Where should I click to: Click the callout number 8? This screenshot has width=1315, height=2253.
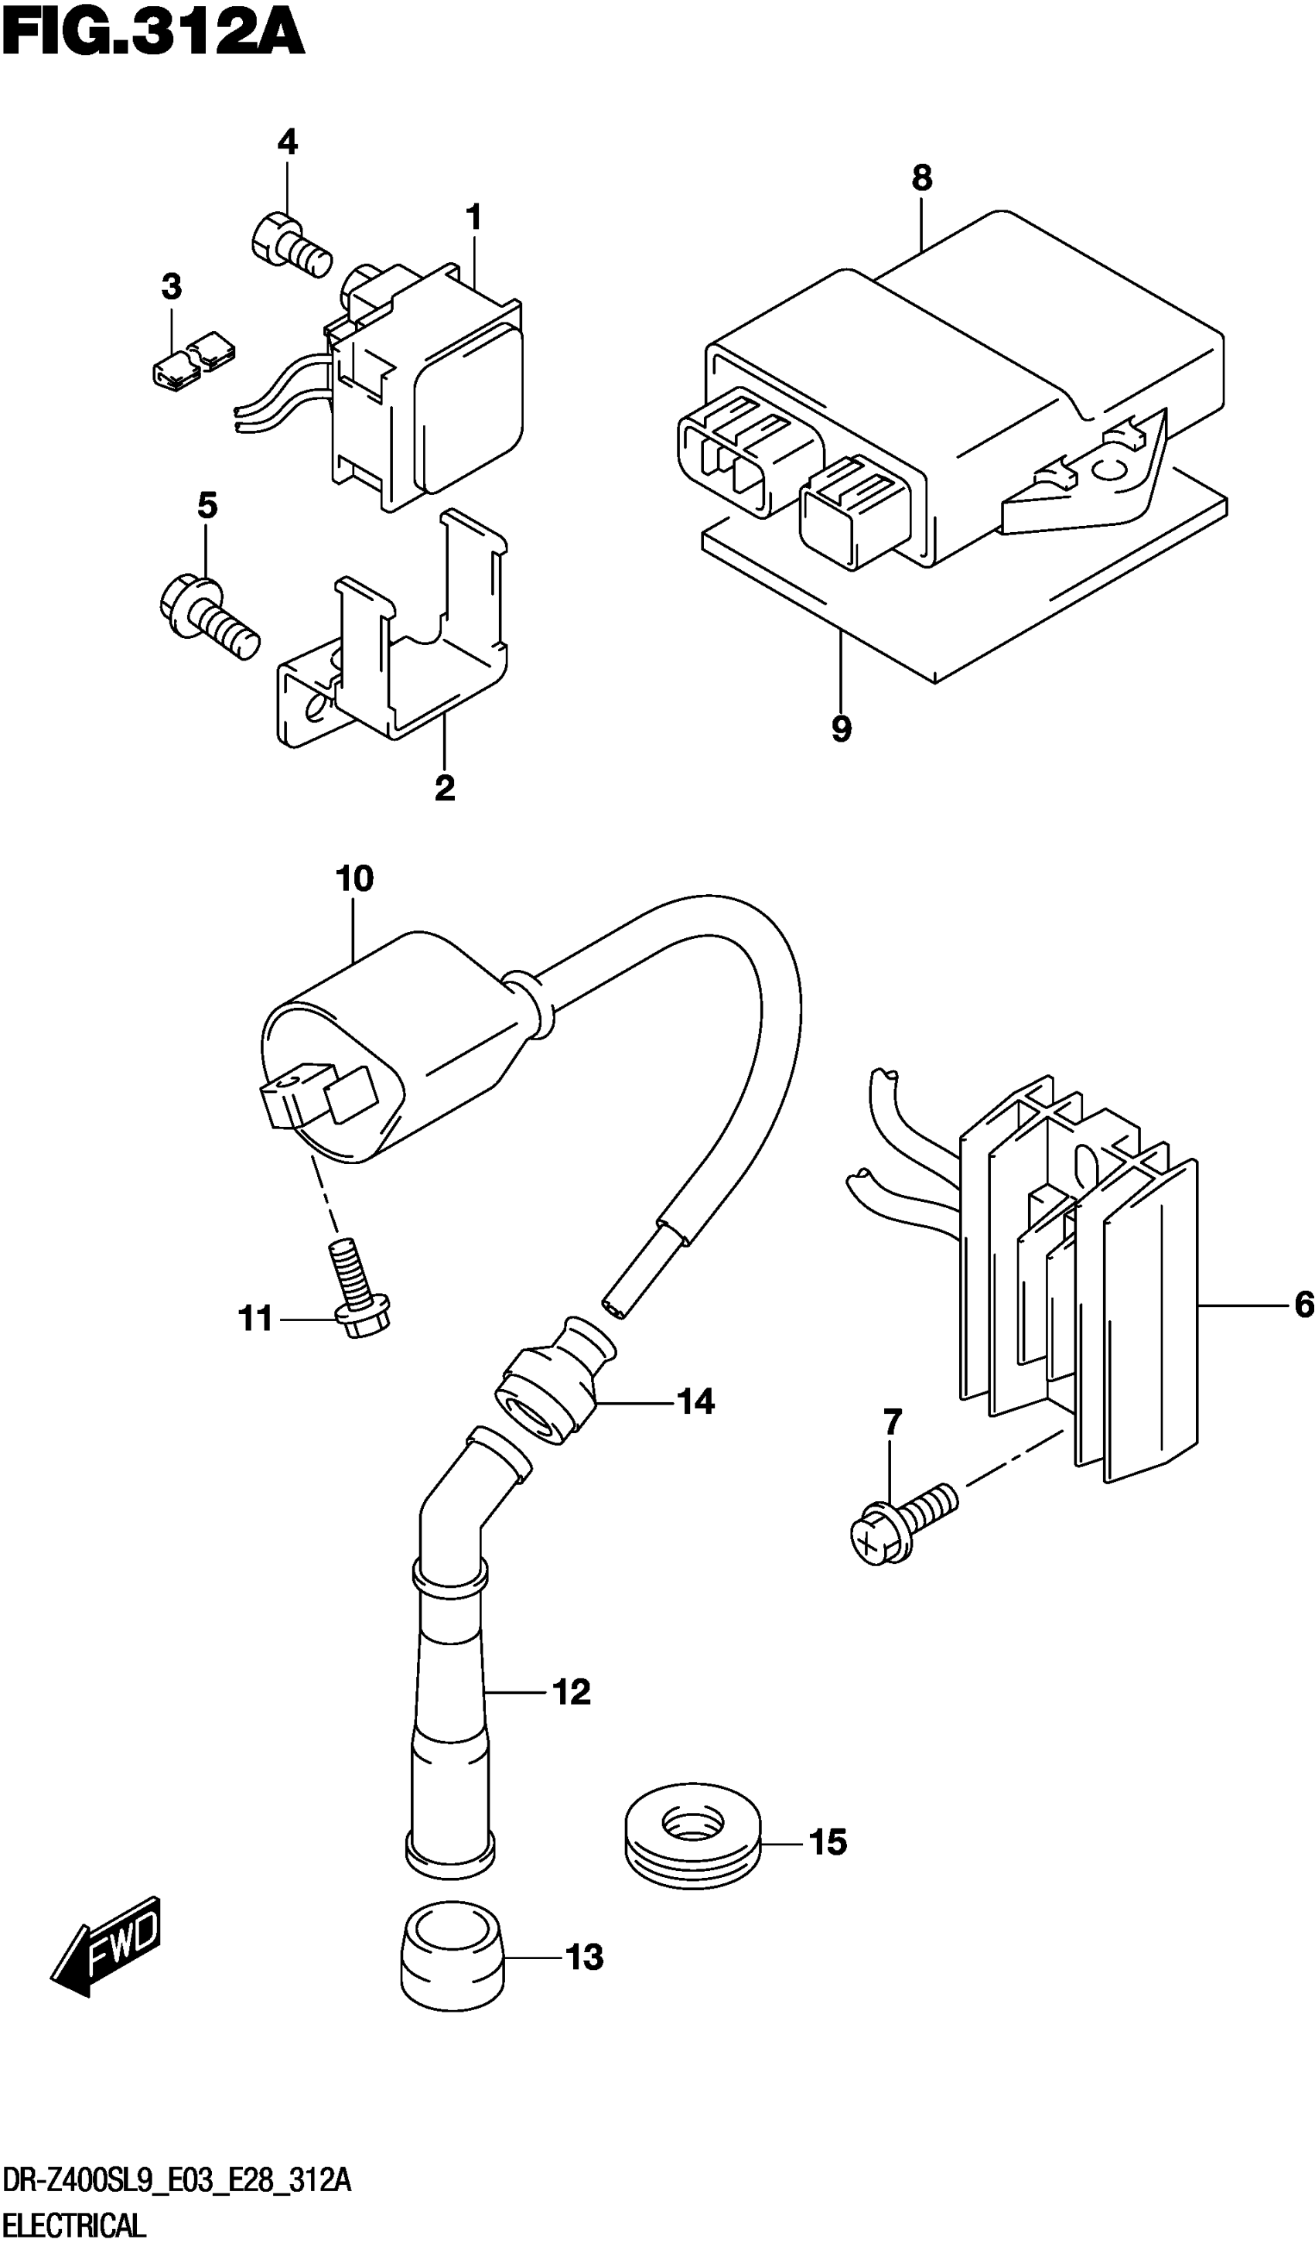pyautogui.click(x=922, y=179)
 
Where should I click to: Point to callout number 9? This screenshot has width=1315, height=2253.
pyautogui.click(x=841, y=729)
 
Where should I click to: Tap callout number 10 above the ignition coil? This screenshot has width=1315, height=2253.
pyautogui.click(x=354, y=879)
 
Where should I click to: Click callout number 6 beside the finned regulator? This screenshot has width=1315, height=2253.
pyautogui.click(x=1303, y=1306)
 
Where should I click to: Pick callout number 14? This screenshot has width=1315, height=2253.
pyautogui.click(x=695, y=1401)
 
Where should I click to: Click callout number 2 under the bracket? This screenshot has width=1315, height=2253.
pyautogui.click(x=444, y=787)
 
